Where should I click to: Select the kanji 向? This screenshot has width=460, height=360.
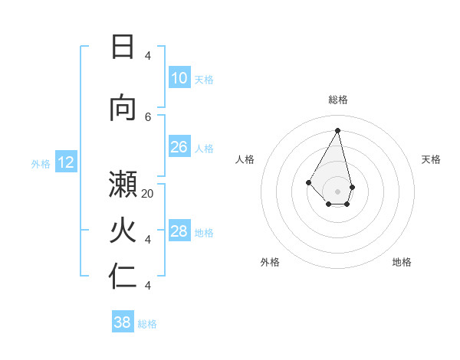tap(123, 108)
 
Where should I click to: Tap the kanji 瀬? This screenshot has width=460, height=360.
tap(123, 186)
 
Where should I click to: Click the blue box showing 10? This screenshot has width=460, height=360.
tap(179, 78)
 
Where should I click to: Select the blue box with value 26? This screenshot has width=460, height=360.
tap(179, 147)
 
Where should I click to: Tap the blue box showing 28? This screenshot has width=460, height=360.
tap(179, 231)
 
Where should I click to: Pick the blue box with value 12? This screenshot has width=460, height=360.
tap(66, 162)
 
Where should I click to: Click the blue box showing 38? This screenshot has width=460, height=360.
tap(123, 322)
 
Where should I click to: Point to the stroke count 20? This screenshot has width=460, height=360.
tap(148, 194)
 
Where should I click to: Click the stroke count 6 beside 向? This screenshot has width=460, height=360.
tap(148, 116)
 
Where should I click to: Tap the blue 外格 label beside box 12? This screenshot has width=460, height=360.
tap(41, 163)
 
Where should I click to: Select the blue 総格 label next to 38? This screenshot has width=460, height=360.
tap(147, 324)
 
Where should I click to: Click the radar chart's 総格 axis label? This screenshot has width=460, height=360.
tap(338, 100)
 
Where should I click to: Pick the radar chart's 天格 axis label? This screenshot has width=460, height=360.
tap(431, 159)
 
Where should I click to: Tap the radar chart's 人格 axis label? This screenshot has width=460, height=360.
tap(245, 159)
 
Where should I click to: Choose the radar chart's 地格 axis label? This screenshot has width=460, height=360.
tap(402, 262)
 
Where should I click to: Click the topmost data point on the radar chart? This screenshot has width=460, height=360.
tap(338, 129)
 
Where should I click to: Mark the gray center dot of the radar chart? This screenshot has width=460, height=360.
tap(338, 191)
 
